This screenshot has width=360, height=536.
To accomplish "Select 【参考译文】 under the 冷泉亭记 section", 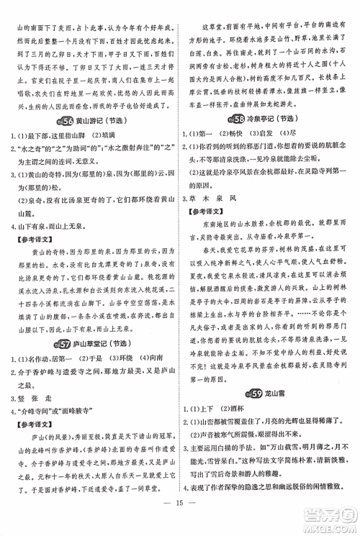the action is pos(205,212).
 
